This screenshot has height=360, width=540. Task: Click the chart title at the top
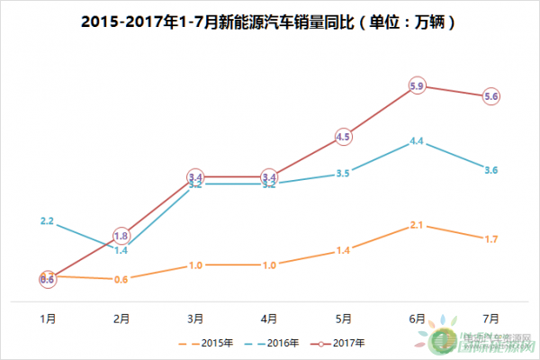[270, 20]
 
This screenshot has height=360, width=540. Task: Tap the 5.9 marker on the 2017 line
[417, 86]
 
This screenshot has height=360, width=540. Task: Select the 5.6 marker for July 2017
[490, 96]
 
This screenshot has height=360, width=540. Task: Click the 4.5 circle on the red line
[343, 137]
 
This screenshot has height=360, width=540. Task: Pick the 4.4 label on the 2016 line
[417, 141]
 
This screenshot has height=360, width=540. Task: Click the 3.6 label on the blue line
[490, 170]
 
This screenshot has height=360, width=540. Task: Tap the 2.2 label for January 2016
[48, 220]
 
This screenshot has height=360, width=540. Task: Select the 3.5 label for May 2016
[343, 173]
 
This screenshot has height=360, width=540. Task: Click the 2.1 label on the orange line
[417, 225]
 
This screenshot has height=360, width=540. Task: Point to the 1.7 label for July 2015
[490, 239]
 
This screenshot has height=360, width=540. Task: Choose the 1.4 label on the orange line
[343, 250]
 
